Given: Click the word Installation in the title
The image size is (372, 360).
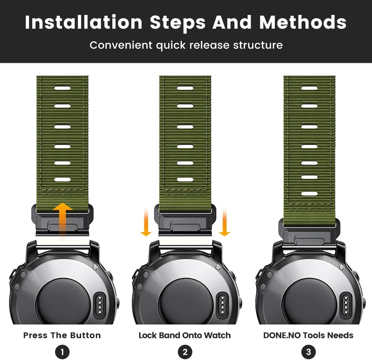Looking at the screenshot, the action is click(83, 22).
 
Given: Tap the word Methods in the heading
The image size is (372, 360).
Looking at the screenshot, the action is click(303, 22).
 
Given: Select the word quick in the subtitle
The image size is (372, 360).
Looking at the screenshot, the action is click(171, 45).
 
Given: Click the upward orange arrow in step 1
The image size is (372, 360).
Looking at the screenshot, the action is click(62, 221).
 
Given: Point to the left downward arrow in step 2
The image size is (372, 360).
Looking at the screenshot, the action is click(146, 222).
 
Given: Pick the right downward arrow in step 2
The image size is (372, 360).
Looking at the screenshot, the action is click(224, 222).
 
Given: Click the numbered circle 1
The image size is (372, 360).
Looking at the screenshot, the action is click(62, 352).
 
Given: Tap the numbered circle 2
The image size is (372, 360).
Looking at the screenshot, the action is click(185, 352).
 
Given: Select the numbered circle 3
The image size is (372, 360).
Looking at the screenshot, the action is click(308, 352).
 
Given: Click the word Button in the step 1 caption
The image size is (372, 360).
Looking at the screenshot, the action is click(86, 335).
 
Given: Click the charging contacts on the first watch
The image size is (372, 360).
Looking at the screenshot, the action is click(100, 305).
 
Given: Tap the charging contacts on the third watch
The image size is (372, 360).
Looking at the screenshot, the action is click(346, 305).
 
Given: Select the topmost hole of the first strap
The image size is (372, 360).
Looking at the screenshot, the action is click(62, 88).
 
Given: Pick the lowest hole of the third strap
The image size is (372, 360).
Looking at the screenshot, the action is click(310, 194).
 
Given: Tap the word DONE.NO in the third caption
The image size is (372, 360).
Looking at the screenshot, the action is click(282, 335).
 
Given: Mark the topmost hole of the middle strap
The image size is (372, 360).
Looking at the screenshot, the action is click(185, 88).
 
